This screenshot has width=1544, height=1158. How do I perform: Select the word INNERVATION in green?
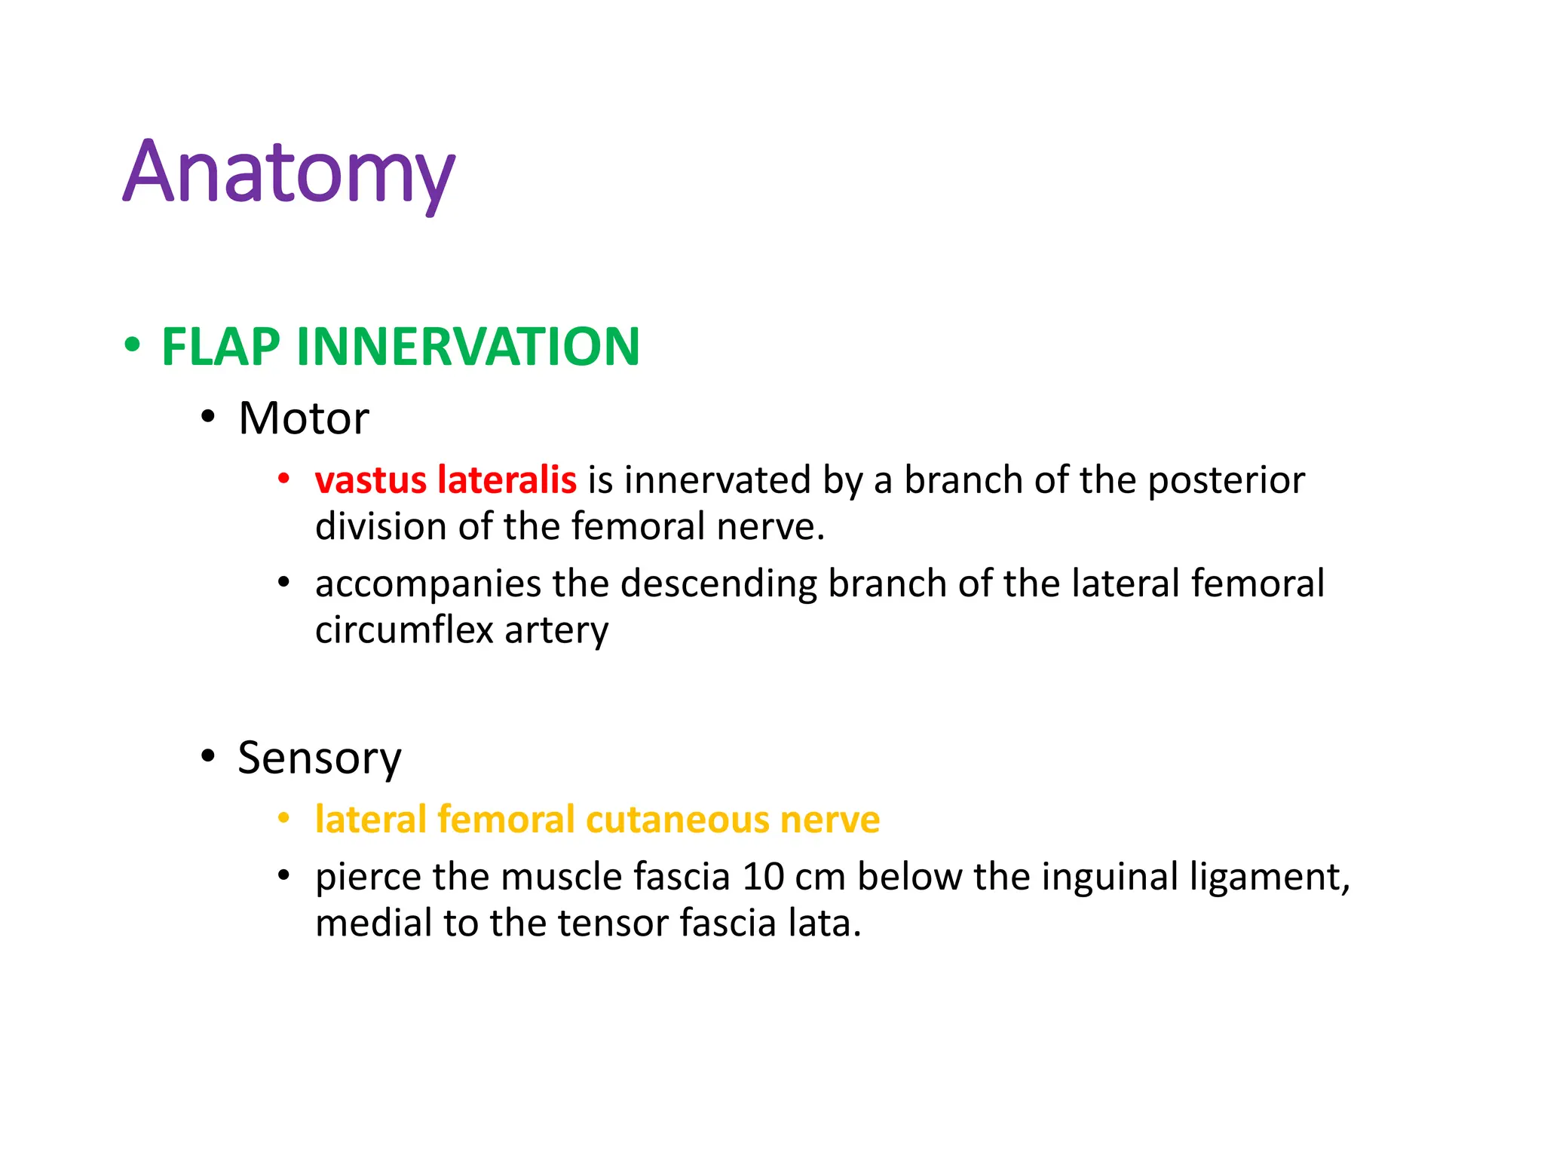(x=468, y=348)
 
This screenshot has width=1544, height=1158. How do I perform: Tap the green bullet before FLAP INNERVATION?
(x=133, y=346)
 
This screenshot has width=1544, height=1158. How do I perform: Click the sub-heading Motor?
(x=303, y=418)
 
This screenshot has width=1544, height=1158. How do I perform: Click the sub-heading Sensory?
(x=319, y=758)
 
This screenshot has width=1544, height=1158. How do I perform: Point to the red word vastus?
(x=370, y=480)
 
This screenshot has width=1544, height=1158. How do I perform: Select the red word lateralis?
(x=507, y=480)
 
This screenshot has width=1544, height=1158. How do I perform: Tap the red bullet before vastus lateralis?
(x=283, y=479)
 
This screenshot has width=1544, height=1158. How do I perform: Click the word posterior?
(x=1226, y=482)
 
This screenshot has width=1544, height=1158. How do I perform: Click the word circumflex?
(x=403, y=630)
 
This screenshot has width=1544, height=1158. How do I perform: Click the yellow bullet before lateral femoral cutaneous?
(x=283, y=819)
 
